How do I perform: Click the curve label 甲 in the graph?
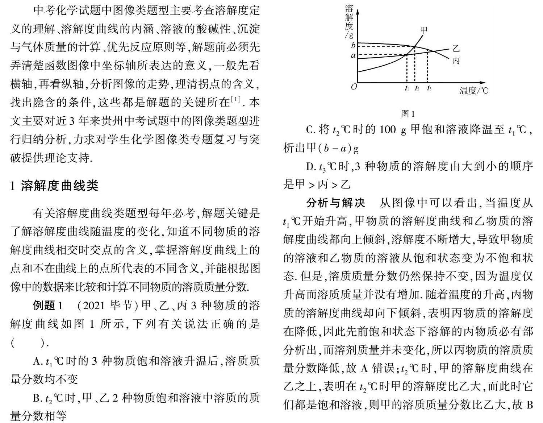tap(423, 30)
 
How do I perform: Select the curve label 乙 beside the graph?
tap(456, 49)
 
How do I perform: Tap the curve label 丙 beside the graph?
tap(456, 61)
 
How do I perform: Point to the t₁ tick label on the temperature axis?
tap(407, 88)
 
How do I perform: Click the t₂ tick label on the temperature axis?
tap(417, 88)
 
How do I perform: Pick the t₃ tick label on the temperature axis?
tap(429, 88)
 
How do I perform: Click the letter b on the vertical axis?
tap(354, 46)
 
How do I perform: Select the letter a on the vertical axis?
tap(354, 55)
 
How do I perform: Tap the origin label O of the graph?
tap(354, 87)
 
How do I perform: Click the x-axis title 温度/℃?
tap(474, 90)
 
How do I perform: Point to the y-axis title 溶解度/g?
tap(349, 22)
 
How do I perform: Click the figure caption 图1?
tap(408, 114)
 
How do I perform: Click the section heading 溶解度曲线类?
tap(60, 186)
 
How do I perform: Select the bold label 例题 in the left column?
tap(44, 305)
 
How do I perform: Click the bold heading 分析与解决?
tap(335, 203)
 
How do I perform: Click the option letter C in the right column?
tap(310, 130)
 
